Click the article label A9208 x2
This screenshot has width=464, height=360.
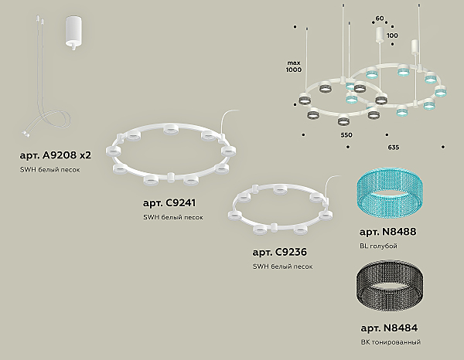(56, 155)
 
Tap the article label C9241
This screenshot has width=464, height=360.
(169, 203)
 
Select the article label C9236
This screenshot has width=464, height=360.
(280, 252)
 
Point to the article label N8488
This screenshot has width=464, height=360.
(387, 232)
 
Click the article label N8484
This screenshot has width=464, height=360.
(389, 328)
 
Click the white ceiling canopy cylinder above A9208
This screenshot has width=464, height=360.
(73, 33)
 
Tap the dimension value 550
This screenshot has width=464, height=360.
(346, 135)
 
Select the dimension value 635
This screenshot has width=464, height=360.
(394, 148)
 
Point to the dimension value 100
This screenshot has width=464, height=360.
(392, 36)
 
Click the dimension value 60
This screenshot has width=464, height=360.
(380, 19)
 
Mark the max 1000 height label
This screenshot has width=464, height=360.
(294, 66)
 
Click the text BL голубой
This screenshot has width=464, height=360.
(378, 246)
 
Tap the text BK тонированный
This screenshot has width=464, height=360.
(391, 342)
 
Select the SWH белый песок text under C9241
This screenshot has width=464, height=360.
(173, 217)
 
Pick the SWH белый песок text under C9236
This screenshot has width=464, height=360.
(282, 267)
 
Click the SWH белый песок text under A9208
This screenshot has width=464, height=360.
(50, 170)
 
